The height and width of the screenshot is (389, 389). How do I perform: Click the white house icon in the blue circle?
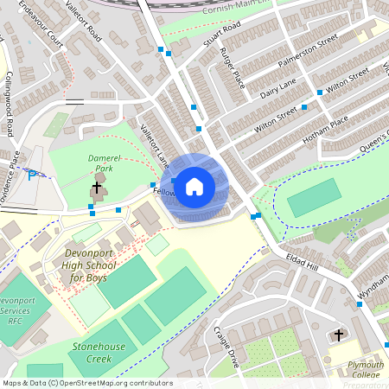[194, 185]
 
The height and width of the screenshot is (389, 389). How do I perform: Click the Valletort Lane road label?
[155, 143]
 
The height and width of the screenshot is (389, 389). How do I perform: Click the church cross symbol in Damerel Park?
[96, 187]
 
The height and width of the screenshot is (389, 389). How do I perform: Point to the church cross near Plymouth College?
[338, 334]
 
